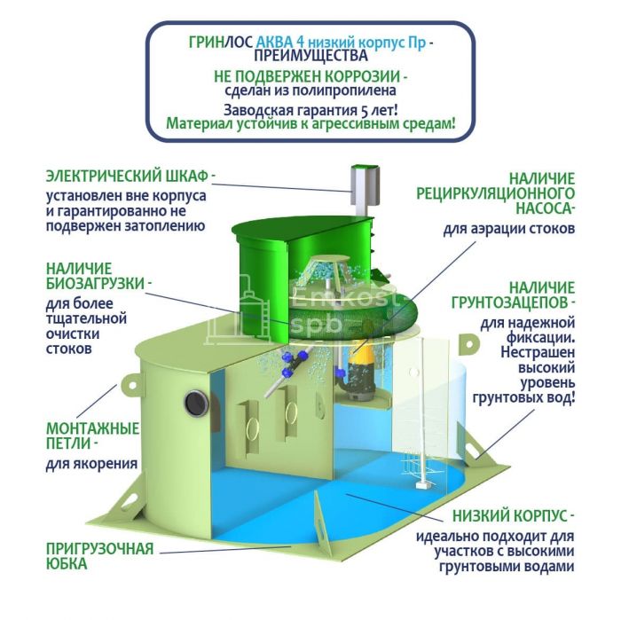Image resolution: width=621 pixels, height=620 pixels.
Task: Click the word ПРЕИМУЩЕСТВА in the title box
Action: pos(310,56)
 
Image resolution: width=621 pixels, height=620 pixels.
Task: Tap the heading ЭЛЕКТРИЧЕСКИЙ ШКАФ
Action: pos(127,177)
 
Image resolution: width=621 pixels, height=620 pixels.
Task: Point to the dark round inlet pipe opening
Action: pos(196,403)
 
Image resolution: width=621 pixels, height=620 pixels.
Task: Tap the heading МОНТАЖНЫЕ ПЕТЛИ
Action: pos(92,436)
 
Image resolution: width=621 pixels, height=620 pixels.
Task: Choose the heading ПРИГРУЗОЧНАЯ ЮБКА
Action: pos(99,556)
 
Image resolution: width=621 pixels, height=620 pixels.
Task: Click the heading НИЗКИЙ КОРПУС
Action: pos(510,516)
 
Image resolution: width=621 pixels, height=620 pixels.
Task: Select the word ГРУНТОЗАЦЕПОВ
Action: pos(510,302)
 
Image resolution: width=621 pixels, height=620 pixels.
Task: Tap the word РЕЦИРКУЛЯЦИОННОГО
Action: pos(495,193)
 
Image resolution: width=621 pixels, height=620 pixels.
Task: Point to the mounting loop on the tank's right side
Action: pos(469,343)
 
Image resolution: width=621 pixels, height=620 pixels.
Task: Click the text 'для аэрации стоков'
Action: pos(509,229)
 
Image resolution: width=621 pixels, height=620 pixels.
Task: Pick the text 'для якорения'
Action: pos(92,464)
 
